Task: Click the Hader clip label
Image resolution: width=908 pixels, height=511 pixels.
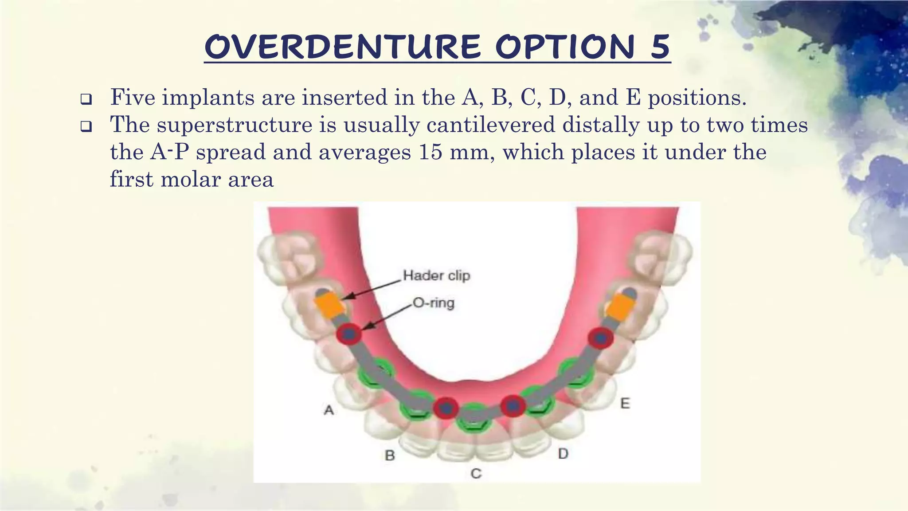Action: tap(436, 275)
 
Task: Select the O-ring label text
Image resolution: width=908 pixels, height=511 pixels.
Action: tap(433, 303)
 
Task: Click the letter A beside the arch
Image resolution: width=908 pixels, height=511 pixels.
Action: tap(329, 410)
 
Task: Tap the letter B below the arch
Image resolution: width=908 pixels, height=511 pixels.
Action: tap(390, 456)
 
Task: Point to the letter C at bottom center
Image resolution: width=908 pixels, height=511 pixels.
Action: tap(476, 474)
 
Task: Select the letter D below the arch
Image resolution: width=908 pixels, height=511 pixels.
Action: tap(563, 454)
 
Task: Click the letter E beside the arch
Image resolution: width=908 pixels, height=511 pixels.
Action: tap(625, 404)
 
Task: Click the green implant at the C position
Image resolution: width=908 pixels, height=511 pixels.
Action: tap(474, 417)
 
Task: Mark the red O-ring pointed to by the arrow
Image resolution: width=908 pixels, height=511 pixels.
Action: tap(348, 334)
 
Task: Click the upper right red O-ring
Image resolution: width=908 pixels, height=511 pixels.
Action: tap(600, 338)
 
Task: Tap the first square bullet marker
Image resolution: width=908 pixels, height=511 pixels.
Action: tap(86, 99)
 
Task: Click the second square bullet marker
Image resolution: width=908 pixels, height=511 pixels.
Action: tap(86, 127)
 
